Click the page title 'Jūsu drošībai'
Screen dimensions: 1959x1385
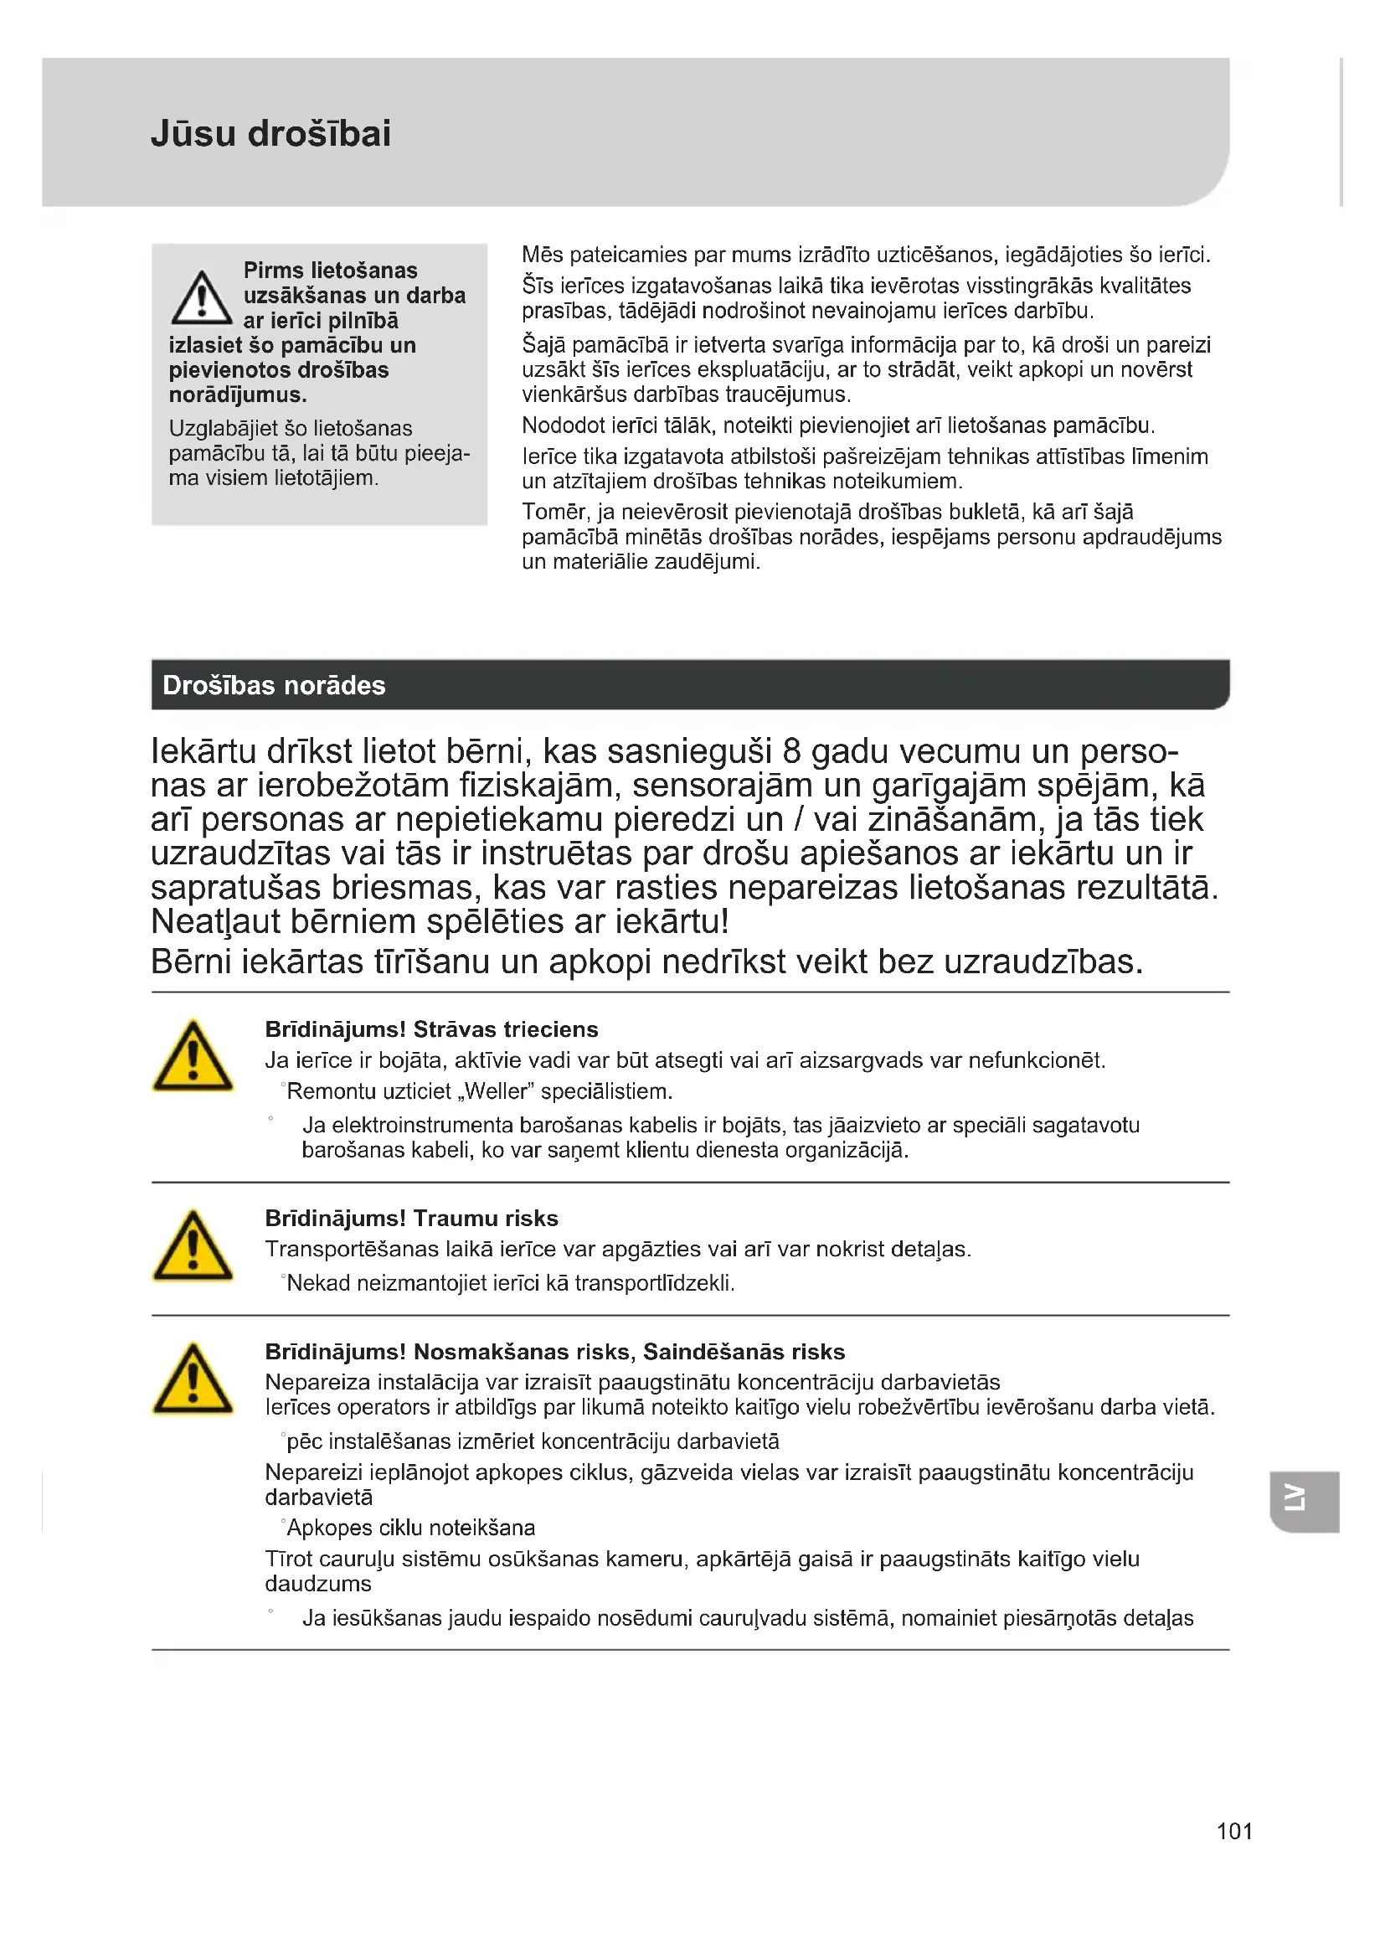(270, 133)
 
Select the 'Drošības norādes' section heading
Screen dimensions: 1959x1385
(274, 685)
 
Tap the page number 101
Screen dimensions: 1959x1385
(1234, 1831)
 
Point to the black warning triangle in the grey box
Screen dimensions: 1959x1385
(201, 299)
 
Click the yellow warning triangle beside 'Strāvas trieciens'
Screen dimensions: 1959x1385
(193, 1057)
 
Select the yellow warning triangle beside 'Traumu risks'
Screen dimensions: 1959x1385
(193, 1246)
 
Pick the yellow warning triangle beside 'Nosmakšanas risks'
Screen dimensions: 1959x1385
(193, 1379)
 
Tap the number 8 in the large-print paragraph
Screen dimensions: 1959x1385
(791, 751)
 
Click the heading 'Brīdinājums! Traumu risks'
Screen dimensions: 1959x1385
(411, 1219)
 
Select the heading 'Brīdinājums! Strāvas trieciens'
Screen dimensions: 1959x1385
(431, 1029)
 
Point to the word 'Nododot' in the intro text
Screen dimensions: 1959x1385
(563, 425)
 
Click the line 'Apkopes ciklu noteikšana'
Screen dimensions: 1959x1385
(411, 1528)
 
